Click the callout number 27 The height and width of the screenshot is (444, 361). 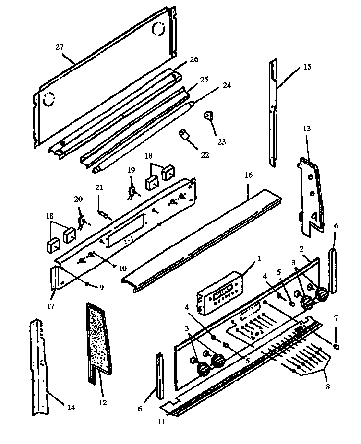[x=60, y=47]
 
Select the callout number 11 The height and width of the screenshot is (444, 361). [x=162, y=421]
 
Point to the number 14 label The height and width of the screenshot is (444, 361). [x=71, y=408]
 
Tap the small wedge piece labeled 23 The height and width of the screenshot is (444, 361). [x=209, y=116]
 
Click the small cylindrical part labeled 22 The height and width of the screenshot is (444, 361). [x=184, y=134]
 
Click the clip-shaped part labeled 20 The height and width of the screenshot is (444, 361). [x=81, y=220]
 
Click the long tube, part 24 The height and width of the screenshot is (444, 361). [x=144, y=136]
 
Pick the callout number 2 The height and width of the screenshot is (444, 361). [x=301, y=249]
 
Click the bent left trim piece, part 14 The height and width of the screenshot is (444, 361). [x=41, y=369]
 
